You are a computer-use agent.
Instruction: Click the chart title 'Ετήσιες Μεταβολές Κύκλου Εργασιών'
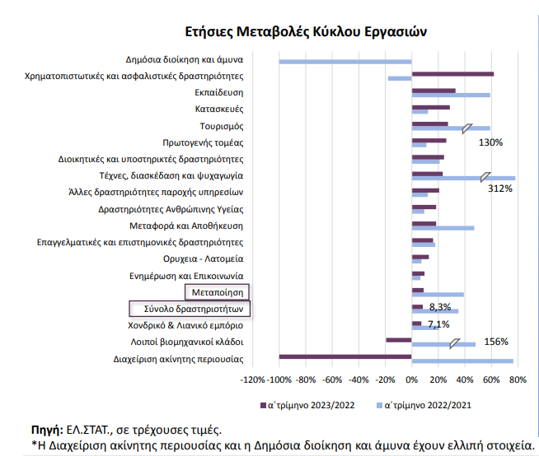point(306,31)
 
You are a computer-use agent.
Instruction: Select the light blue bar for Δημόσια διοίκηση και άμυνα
point(345,62)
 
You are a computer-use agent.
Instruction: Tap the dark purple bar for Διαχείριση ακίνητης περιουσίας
point(345,356)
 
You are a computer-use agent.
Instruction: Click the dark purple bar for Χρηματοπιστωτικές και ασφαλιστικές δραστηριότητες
point(452,74)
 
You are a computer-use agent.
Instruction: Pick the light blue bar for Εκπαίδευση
point(451,95)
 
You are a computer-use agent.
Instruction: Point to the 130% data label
point(490,142)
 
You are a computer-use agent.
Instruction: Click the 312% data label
point(500,188)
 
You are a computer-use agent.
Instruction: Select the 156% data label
point(496,342)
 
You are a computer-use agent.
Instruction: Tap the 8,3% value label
point(440,307)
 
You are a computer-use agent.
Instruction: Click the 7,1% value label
point(438,324)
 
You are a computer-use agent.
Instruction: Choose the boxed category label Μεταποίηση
point(217,292)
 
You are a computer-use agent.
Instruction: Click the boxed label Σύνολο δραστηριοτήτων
point(190,309)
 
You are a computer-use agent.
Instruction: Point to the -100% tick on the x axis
point(280,379)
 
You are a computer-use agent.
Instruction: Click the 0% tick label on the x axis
point(412,379)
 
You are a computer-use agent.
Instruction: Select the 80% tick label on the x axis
point(518,379)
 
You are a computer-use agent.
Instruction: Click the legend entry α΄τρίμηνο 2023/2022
point(307,406)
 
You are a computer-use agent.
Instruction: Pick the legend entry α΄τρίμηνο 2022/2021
point(424,406)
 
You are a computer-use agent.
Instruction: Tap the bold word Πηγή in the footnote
point(47,430)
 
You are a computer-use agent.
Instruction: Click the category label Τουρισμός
point(222,127)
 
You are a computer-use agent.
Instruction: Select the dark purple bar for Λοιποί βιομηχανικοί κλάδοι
point(399,340)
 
